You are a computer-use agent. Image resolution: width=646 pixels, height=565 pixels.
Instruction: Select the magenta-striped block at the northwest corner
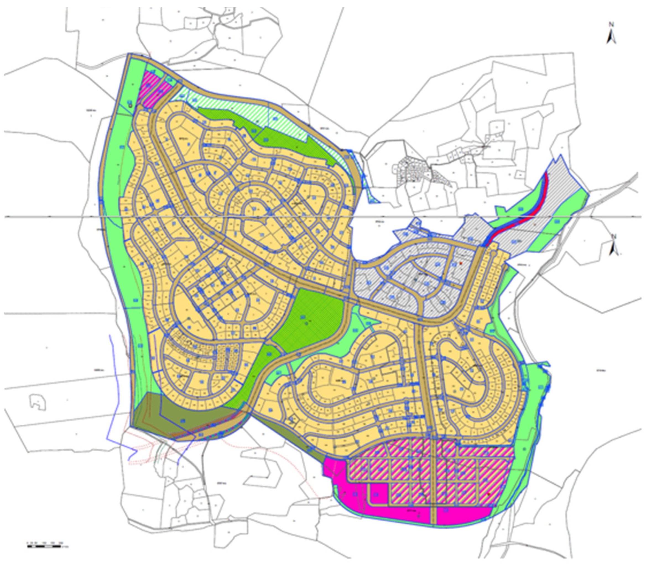click(x=154, y=88)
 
